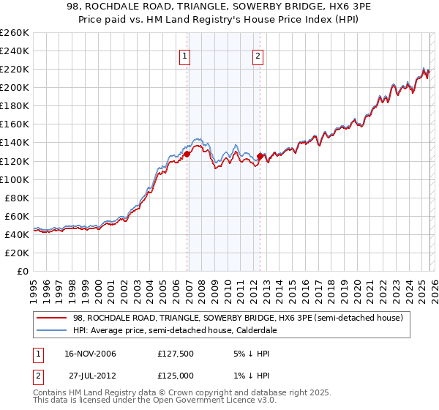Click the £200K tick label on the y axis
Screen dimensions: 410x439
(x=15, y=87)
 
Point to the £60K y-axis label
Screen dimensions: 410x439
(x=17, y=216)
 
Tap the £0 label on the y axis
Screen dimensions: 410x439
(x=23, y=271)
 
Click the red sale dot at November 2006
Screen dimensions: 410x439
(x=187, y=154)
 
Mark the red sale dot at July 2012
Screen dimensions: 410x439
(x=260, y=156)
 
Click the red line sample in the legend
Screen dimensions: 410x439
(x=51, y=318)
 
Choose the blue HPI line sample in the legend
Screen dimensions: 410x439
(x=51, y=330)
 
